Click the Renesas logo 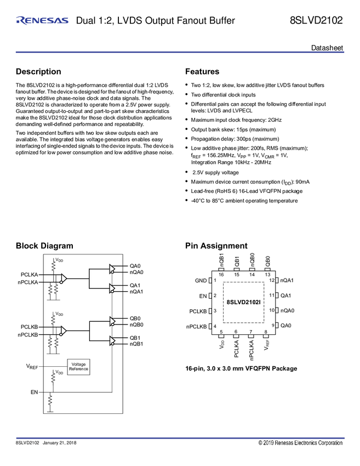(x=42, y=21)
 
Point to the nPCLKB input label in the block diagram (x=27, y=334)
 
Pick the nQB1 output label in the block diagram (x=136, y=344)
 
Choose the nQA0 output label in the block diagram (x=136, y=272)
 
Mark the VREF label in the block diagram (x=31, y=365)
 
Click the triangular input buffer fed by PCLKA (x=64, y=278)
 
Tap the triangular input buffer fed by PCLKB (x=64, y=331)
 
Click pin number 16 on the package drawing (x=221, y=274)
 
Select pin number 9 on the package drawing (x=272, y=326)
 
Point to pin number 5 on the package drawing (x=221, y=332)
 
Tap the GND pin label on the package (x=201, y=281)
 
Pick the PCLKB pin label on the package (x=198, y=311)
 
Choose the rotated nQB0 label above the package (x=252, y=259)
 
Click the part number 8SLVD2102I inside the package (x=244, y=302)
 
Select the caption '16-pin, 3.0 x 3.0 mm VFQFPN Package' (x=241, y=368)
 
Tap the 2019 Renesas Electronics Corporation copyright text (x=301, y=442)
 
